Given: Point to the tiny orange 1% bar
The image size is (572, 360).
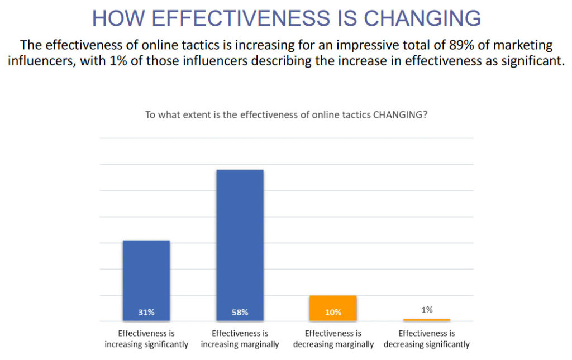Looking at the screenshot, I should pos(427,320).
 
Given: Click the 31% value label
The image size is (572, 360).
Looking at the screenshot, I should pos(146,312).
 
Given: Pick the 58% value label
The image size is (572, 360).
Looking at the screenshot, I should pos(240,312).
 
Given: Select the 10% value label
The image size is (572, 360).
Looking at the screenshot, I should pos(333,312).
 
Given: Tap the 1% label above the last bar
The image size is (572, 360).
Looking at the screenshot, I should pos(427,309).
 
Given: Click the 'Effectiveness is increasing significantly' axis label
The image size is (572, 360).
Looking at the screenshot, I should pos(146,339).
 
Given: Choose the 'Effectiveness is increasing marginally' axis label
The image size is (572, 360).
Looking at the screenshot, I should pos(240,339).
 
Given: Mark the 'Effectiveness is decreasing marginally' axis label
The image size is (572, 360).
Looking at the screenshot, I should pos(333,339).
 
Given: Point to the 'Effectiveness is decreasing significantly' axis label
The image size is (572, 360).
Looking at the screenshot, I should pos(427,339).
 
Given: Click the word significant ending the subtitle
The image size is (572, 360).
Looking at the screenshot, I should pos(534,60).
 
